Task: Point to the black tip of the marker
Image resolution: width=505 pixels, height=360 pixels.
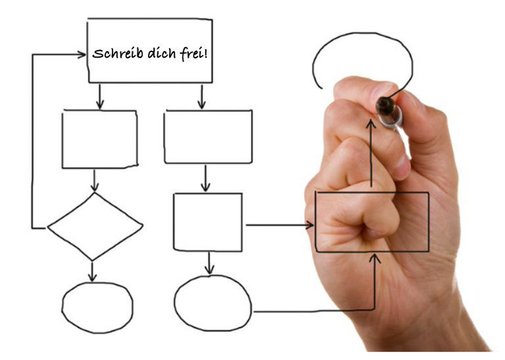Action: click(385, 105)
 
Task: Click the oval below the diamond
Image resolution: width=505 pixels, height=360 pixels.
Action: click(62, 307)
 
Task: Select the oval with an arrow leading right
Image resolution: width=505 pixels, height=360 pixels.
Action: click(174, 302)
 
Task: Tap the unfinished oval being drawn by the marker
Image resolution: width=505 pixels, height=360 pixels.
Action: click(362, 33)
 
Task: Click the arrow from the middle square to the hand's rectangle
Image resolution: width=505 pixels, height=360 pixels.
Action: click(279, 225)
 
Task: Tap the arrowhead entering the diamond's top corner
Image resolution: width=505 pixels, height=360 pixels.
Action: click(95, 187)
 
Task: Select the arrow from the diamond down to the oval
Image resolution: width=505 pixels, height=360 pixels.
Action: click(93, 272)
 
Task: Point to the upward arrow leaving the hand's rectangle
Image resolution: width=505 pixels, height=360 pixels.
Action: click(372, 154)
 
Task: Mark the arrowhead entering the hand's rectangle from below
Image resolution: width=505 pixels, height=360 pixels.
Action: click(375, 258)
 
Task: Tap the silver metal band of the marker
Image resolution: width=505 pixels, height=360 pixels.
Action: click(391, 119)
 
